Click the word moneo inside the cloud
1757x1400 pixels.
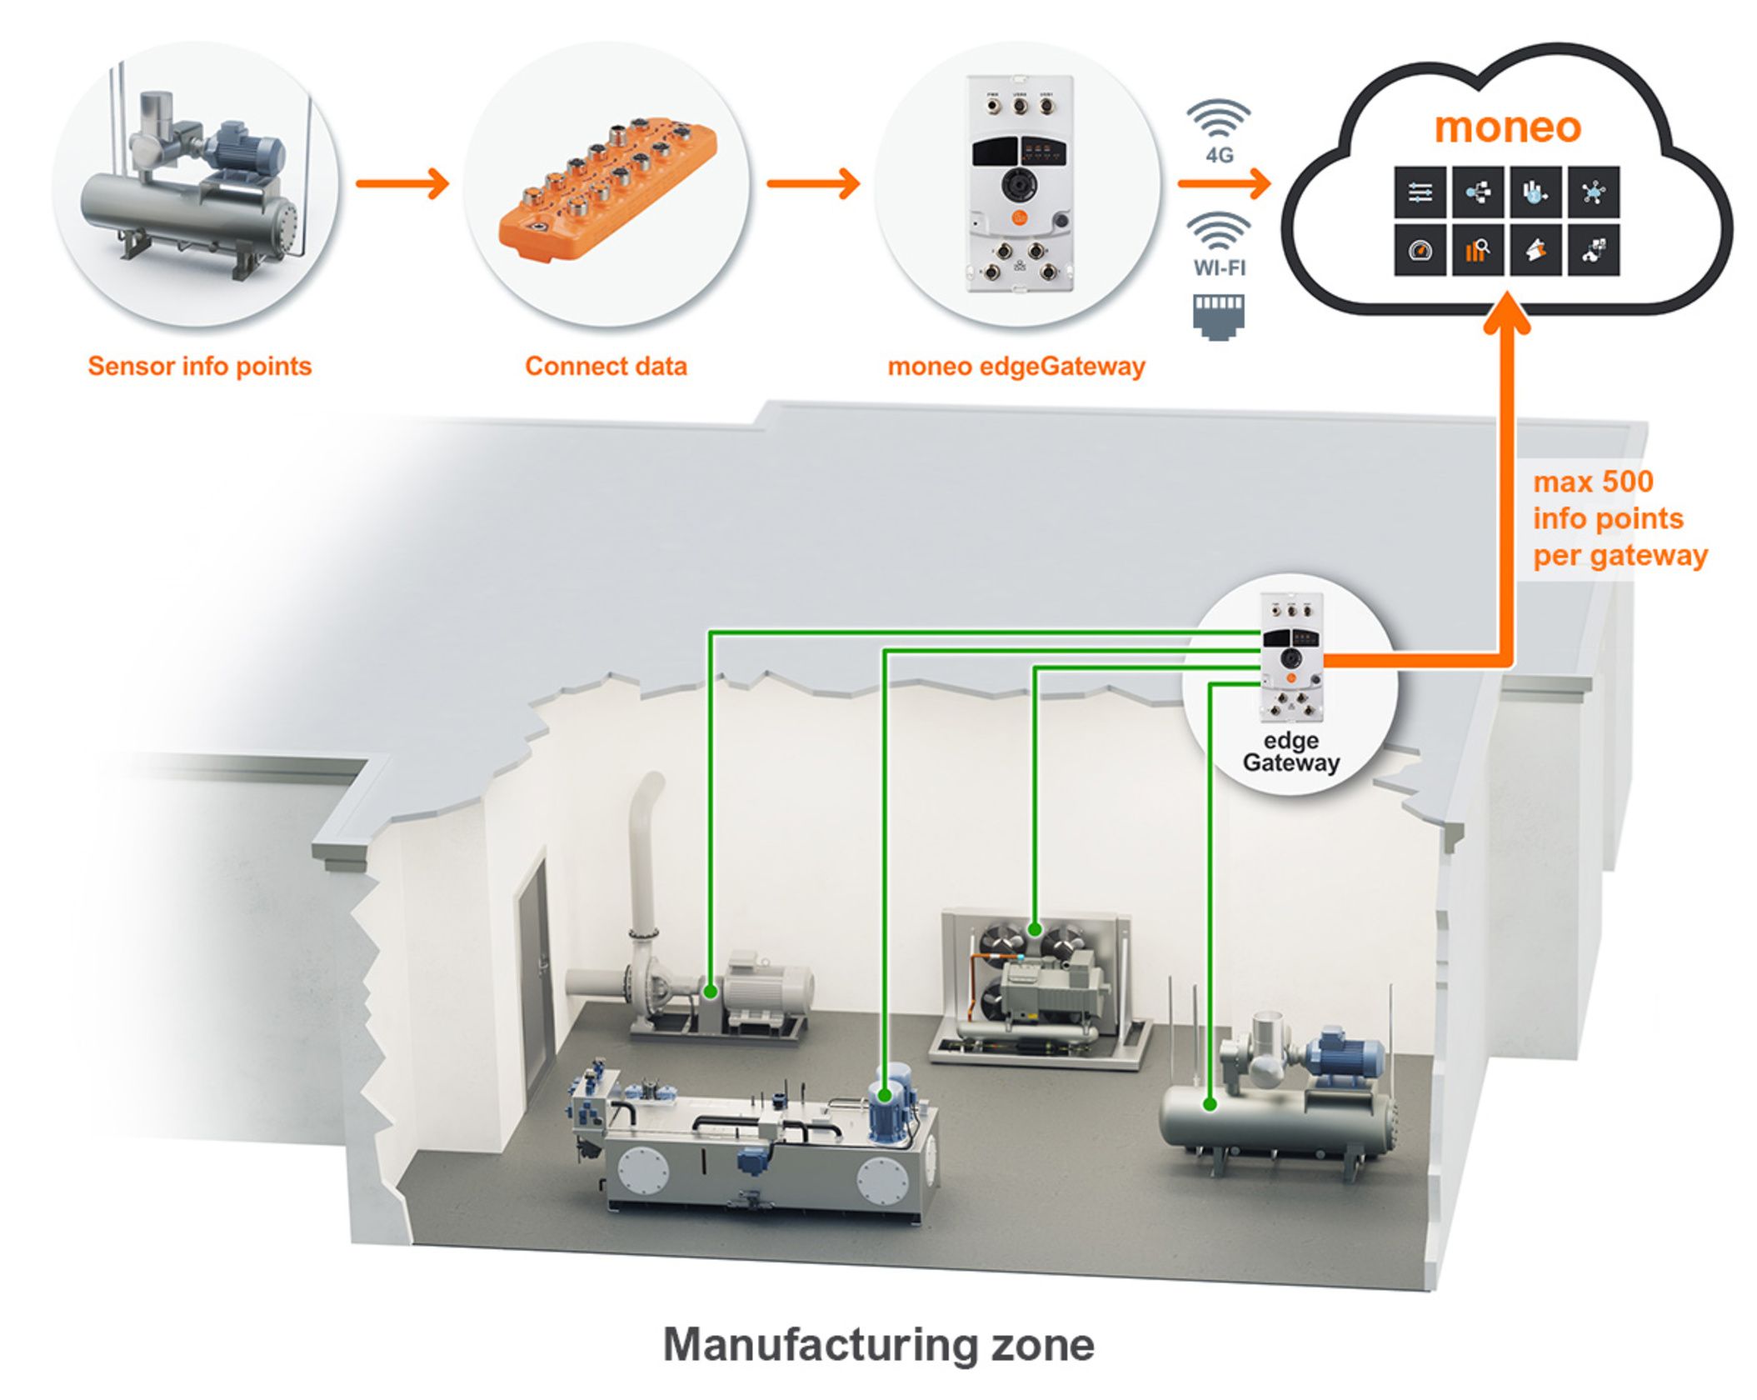click(1507, 127)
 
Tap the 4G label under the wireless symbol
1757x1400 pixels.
click(1219, 155)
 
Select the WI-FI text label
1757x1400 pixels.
click(1219, 267)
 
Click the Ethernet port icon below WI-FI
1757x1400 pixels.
click(1219, 316)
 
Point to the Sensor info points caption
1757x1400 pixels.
click(200, 366)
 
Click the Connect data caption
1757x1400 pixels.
click(606, 366)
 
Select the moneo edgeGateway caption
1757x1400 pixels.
click(1016, 366)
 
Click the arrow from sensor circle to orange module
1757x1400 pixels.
click(402, 183)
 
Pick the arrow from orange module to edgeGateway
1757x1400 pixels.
click(813, 183)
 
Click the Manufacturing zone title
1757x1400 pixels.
click(878, 1344)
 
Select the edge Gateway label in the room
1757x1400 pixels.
click(1290, 752)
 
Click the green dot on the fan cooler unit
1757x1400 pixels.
click(1035, 928)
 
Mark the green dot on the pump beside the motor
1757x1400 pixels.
click(710, 992)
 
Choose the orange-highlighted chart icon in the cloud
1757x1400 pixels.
click(1477, 248)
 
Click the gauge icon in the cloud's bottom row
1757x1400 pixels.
click(1420, 248)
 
